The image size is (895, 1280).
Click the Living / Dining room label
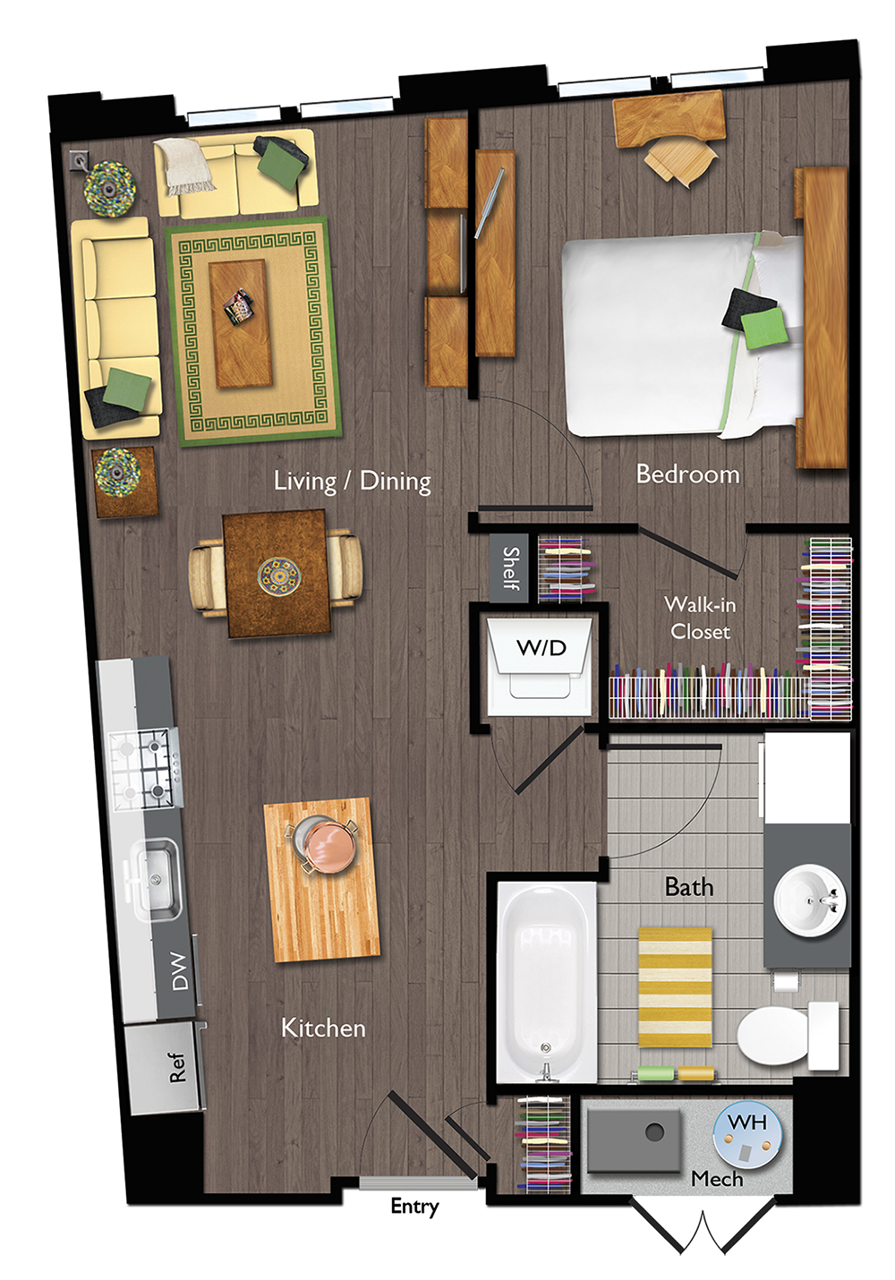click(352, 482)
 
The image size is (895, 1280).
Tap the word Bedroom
click(687, 474)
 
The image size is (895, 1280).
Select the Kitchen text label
click(323, 1028)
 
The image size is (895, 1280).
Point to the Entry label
click(414, 1206)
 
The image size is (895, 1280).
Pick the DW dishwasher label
click(179, 971)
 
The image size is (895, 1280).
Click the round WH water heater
click(747, 1130)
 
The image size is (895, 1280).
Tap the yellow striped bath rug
click(676, 986)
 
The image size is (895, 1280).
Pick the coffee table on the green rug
click(241, 323)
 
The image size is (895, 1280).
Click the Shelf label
click(511, 568)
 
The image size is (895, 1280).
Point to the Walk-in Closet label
click(700, 618)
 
